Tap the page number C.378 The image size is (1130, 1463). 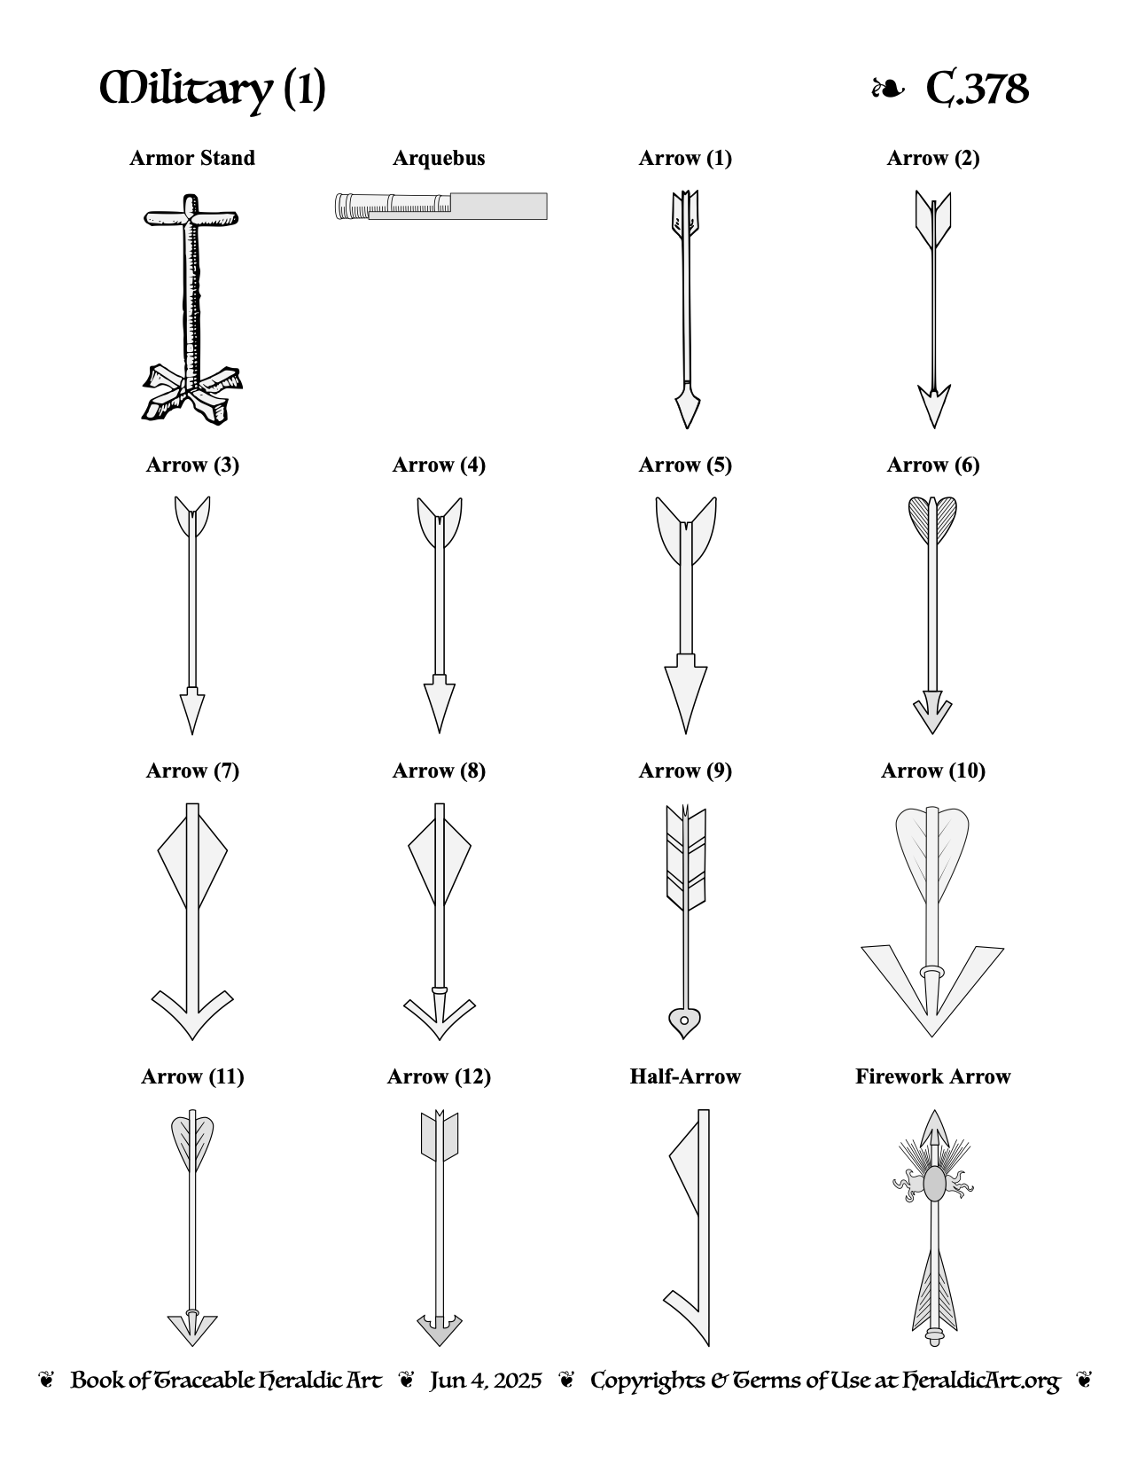click(x=978, y=89)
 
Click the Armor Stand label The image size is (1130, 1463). click(x=192, y=158)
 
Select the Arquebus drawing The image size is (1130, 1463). click(x=440, y=206)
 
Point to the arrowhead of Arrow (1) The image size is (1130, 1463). click(x=687, y=405)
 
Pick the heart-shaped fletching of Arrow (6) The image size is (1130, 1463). click(x=933, y=521)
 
